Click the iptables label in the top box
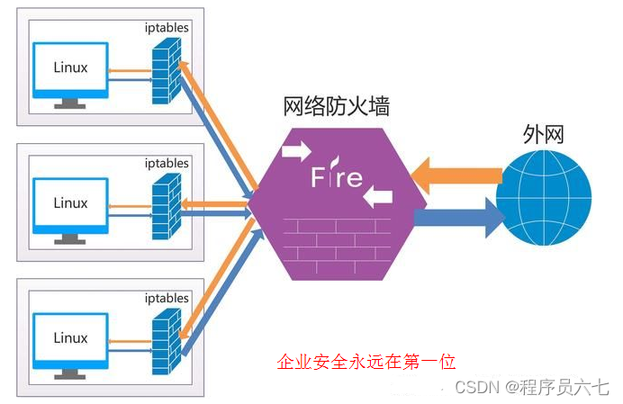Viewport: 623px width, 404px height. coord(167,27)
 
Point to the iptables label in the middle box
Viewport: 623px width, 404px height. coord(167,163)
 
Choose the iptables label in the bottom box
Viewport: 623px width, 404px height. coord(167,298)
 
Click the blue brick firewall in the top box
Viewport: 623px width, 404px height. coord(165,73)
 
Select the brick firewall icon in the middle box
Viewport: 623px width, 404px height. coord(165,206)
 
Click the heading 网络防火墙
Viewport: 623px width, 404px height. coord(337,107)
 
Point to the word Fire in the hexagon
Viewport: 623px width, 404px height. coord(337,176)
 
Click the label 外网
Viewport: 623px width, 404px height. coord(543,134)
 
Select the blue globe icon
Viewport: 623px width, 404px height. coord(545,195)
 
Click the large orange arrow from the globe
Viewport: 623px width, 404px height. coord(455,173)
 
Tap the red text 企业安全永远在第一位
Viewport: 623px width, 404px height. coord(366,362)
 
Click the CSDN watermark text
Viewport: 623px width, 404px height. coord(532,387)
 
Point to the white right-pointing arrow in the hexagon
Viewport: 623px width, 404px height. coord(295,150)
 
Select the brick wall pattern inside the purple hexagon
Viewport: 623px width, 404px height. coord(335,238)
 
